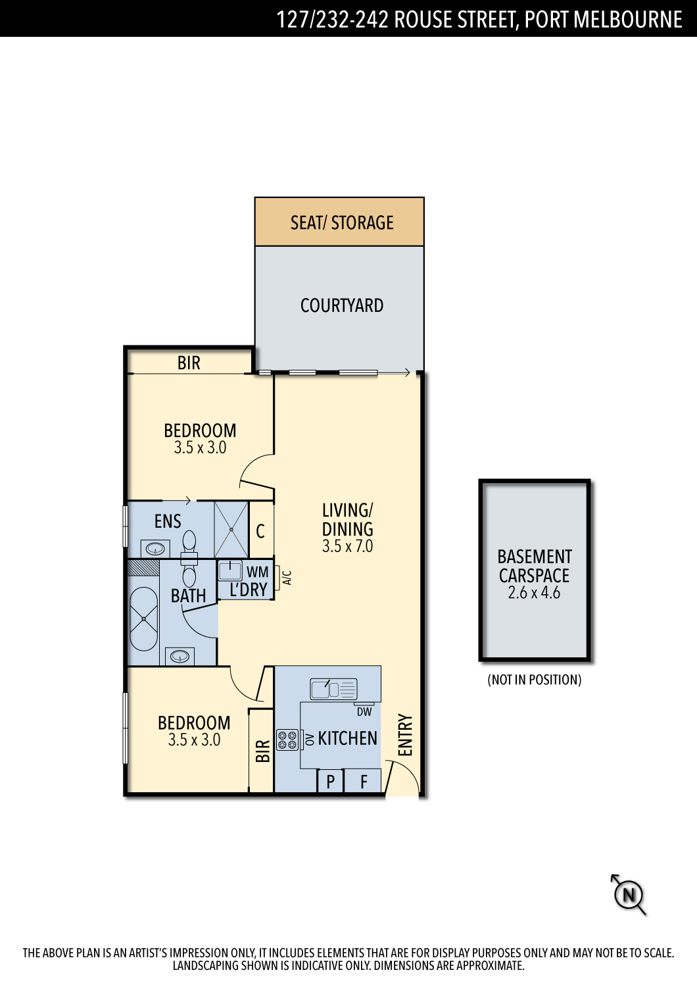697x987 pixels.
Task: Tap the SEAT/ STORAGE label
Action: click(x=342, y=222)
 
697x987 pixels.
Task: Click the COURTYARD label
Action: click(x=342, y=305)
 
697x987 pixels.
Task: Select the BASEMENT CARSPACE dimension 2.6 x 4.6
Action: click(x=534, y=593)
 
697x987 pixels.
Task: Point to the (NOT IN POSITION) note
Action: click(x=535, y=680)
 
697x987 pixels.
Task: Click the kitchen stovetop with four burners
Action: click(x=287, y=740)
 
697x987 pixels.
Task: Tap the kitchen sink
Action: click(x=333, y=689)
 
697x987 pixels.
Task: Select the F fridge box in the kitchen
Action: click(x=362, y=781)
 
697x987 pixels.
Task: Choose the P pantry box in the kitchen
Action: click(x=330, y=781)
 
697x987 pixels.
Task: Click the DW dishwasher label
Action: click(x=364, y=711)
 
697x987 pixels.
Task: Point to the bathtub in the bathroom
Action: click(x=143, y=619)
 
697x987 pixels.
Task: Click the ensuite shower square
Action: click(x=231, y=529)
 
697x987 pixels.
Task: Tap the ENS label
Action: click(x=167, y=521)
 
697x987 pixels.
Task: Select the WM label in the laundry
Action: click(x=257, y=572)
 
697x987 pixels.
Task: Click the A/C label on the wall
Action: click(x=287, y=578)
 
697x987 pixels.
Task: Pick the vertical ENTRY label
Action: click(x=405, y=735)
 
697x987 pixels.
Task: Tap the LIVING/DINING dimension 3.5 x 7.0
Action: click(x=347, y=546)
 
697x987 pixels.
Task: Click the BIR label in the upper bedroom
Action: click(x=189, y=363)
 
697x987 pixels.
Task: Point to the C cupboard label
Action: click(x=260, y=532)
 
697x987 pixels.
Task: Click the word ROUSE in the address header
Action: click(x=423, y=19)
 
